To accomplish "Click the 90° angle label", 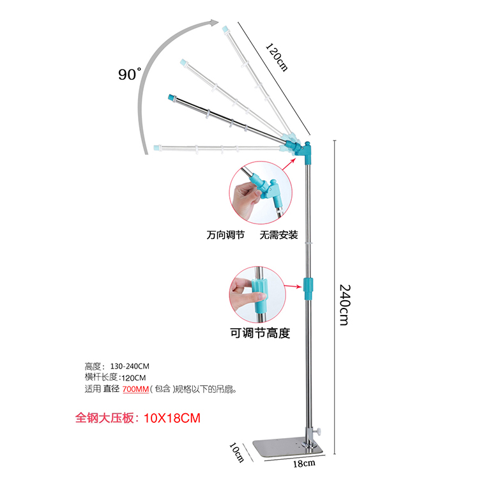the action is pos(129,74).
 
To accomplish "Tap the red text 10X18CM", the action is pos(172,418).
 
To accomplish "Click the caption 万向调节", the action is pos(225,235).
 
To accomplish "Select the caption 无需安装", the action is pos(278,235).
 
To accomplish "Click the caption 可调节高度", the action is pos(260,333).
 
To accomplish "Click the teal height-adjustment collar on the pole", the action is pos(310,288).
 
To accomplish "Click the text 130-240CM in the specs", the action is pos(130,367).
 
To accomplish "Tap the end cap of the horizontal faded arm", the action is pos(156,148).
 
